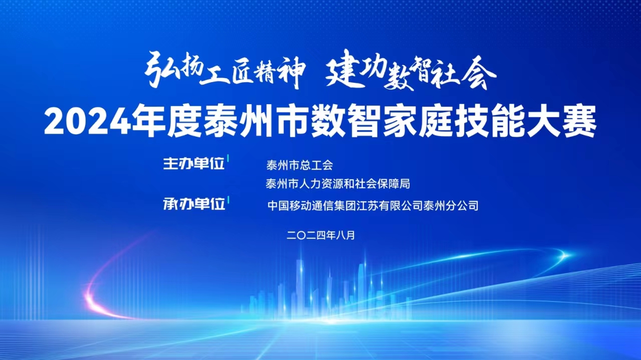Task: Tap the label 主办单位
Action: (x=194, y=164)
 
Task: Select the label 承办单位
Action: (x=194, y=204)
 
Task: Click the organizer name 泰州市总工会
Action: (x=299, y=165)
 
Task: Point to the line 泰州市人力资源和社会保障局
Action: (x=338, y=184)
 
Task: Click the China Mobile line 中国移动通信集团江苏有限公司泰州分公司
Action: (x=373, y=206)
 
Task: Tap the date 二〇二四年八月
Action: (x=320, y=235)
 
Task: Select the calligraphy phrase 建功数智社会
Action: (x=411, y=70)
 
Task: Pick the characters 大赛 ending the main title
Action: (x=561, y=121)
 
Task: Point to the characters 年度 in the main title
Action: (x=167, y=121)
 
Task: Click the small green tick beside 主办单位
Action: (x=228, y=158)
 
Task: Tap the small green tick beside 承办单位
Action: (x=228, y=199)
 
